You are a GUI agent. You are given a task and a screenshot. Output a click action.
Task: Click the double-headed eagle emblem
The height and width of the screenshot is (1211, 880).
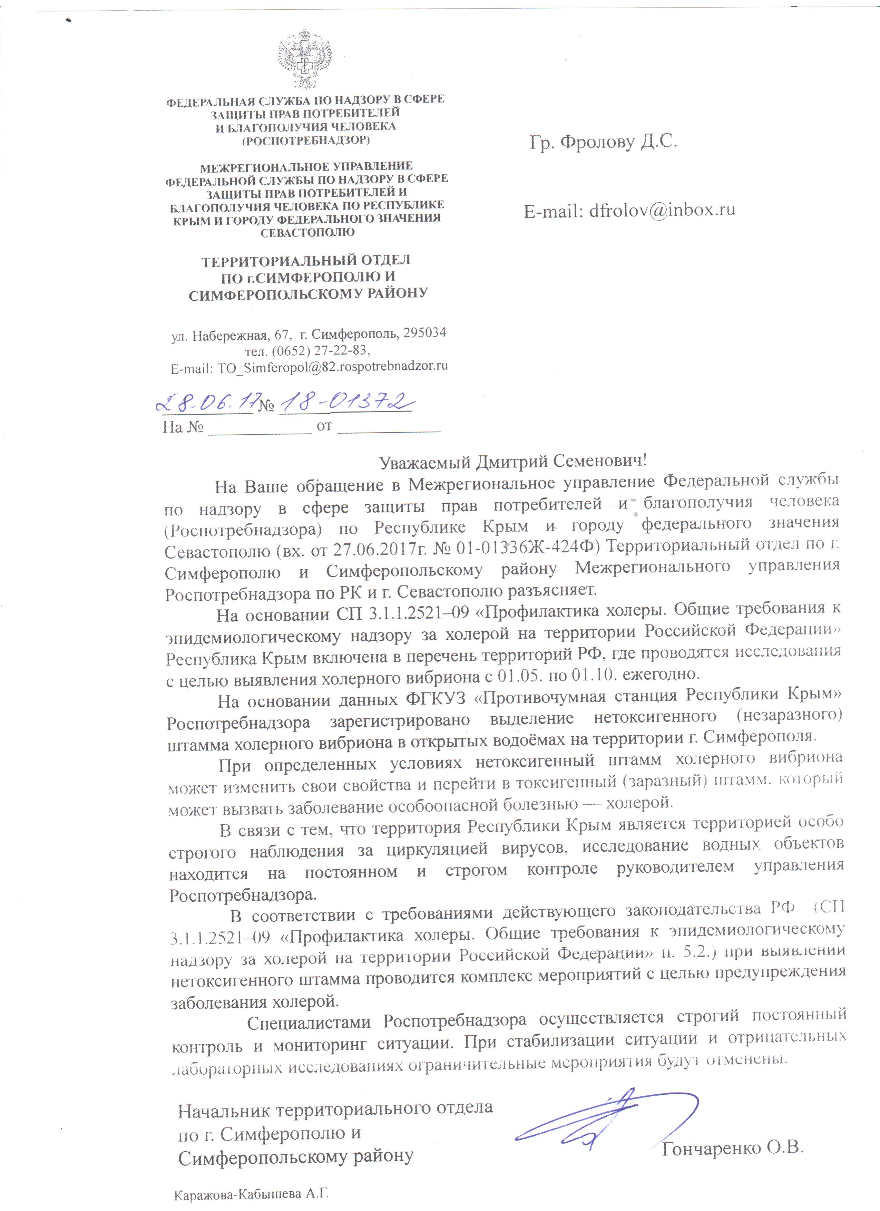305,59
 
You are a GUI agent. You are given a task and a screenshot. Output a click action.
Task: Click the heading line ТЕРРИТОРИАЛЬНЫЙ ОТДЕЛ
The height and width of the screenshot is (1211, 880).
306,261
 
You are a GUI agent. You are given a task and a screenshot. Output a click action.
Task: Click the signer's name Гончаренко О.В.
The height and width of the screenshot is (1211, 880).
732,1147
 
